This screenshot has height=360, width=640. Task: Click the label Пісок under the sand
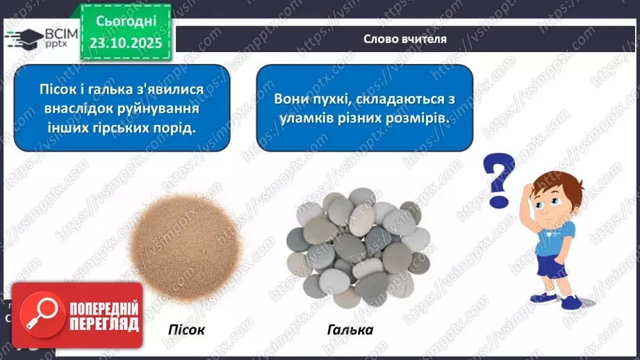click(186, 329)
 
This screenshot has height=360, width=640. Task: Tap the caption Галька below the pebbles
click(350, 329)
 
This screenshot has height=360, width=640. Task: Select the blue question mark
click(501, 179)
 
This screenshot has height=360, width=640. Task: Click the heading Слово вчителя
click(404, 39)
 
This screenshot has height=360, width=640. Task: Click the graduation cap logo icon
click(22, 39)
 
